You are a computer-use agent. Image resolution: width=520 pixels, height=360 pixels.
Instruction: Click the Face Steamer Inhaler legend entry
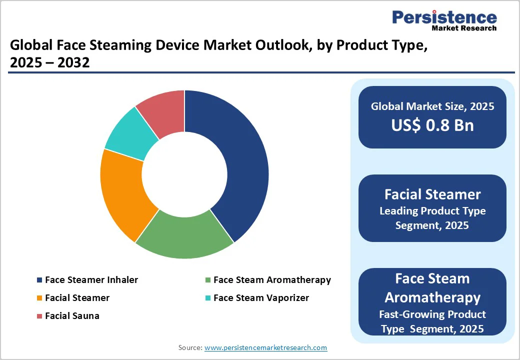(91, 280)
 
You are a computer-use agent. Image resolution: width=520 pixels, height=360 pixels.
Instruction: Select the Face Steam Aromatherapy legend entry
(271, 280)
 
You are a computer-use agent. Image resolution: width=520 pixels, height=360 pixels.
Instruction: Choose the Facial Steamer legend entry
(77, 298)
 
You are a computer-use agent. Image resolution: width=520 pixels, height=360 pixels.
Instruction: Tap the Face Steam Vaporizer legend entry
(260, 298)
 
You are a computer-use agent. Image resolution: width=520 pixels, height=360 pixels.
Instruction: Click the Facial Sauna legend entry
(72, 316)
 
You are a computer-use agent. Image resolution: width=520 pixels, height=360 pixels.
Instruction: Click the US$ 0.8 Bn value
(432, 125)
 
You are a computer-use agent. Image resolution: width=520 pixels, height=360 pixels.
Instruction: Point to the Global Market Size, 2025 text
(432, 106)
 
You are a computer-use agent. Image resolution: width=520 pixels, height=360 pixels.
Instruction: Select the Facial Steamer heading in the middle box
(432, 194)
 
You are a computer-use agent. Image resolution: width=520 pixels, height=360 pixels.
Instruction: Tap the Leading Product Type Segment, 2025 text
(432, 218)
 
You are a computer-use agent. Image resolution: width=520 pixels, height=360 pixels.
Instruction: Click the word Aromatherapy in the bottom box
(432, 297)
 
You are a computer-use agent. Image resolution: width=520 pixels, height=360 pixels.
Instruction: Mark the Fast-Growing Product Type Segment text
(432, 321)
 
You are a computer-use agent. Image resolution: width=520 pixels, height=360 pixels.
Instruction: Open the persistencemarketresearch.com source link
(265, 347)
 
